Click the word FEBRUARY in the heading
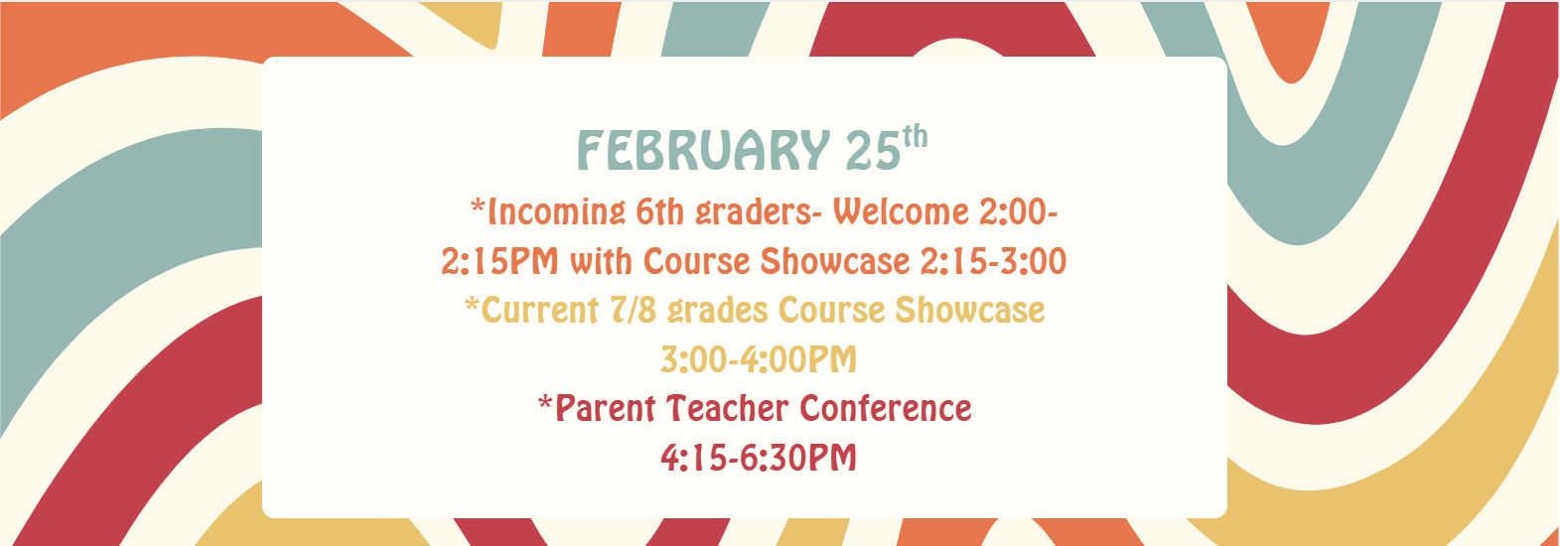click(702, 152)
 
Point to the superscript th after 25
click(915, 136)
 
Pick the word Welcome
click(900, 211)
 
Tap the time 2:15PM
click(499, 261)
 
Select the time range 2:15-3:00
click(992, 261)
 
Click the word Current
click(539, 311)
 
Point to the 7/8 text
click(633, 311)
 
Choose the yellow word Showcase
click(969, 311)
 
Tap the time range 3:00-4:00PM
click(759, 359)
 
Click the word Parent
click(605, 409)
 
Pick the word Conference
click(886, 409)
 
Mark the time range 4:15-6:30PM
click(759, 458)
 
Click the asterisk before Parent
click(545, 403)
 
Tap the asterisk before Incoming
click(478, 206)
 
